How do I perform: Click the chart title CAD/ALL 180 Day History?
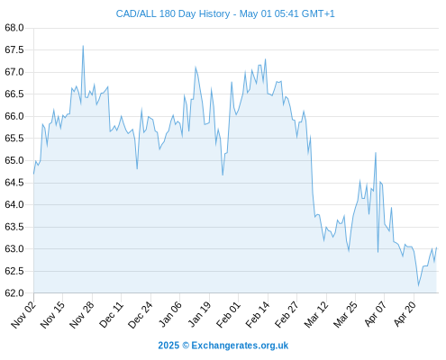pos(173,13)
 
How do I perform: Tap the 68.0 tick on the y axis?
pos(14,28)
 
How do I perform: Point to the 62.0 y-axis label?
pos(14,293)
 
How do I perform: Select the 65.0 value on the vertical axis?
pos(14,160)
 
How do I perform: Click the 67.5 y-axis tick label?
pos(14,49)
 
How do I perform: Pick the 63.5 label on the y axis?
pos(14,227)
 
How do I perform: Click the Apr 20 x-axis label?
pos(405,314)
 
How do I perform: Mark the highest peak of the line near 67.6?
pos(83,46)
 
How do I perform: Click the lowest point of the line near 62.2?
pos(418,286)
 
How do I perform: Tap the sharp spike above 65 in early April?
pos(376,153)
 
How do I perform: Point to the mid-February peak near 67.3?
pos(266,59)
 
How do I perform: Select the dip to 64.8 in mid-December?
pos(137,169)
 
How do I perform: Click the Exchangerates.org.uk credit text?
pos(240,346)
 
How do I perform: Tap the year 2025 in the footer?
pos(168,346)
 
